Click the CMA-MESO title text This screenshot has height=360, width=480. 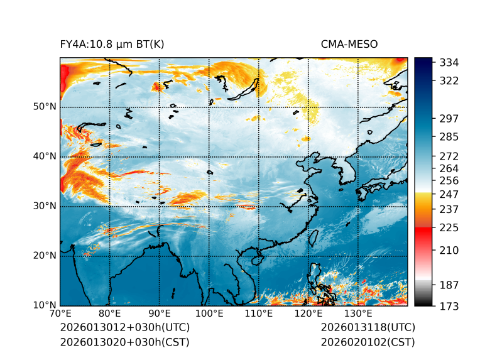tap(349, 45)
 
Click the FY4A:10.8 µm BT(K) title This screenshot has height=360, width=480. tap(112, 45)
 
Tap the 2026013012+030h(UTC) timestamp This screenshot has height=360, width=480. tap(124, 328)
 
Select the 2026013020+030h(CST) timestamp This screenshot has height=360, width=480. tap(124, 342)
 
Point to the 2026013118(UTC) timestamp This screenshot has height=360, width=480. tap(368, 328)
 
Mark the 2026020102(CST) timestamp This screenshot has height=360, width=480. tap(368, 342)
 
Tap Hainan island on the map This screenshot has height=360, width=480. tap(256, 260)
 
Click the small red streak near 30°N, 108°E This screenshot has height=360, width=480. tap(246, 206)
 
